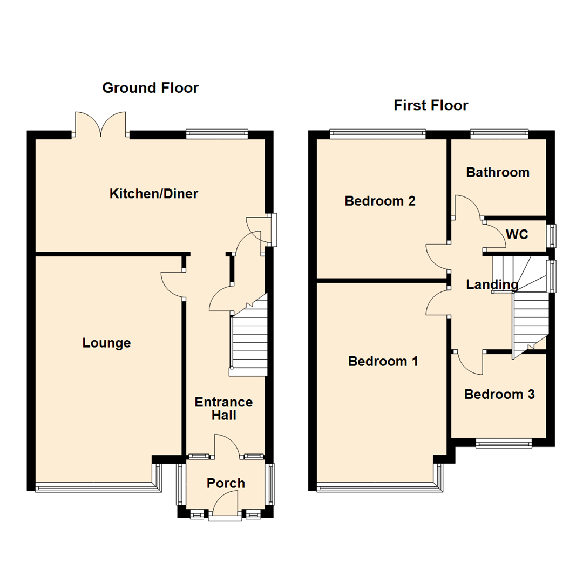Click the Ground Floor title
tap(150, 87)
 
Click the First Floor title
tap(431, 105)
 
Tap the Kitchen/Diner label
tap(154, 193)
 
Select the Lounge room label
tap(106, 343)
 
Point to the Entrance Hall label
tap(223, 409)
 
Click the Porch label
tap(226, 483)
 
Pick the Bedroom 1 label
tap(383, 361)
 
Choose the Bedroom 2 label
tap(380, 201)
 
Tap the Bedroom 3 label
tap(499, 395)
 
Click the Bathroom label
tap(498, 173)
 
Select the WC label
tap(517, 235)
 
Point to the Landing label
tap(492, 284)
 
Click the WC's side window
tap(552, 235)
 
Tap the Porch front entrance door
tap(225, 509)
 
